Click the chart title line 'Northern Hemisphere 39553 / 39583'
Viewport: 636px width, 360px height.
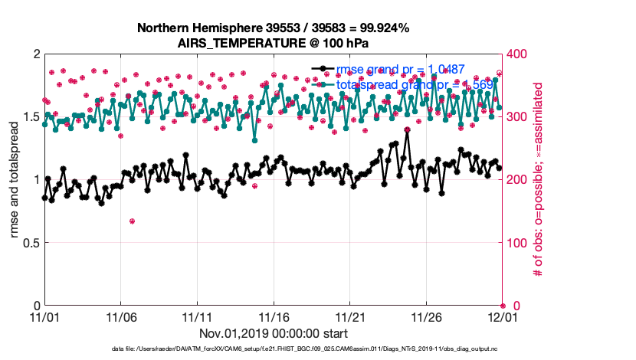click(x=273, y=28)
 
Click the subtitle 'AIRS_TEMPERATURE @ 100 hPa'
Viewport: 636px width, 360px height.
click(x=273, y=42)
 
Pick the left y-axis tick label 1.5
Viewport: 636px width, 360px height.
click(x=29, y=117)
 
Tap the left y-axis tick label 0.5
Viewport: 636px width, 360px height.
click(x=29, y=243)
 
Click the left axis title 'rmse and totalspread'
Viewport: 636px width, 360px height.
click(x=15, y=180)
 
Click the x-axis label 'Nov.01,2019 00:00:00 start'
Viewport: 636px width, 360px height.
click(x=273, y=333)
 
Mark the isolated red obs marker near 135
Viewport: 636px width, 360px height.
click(x=132, y=221)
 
